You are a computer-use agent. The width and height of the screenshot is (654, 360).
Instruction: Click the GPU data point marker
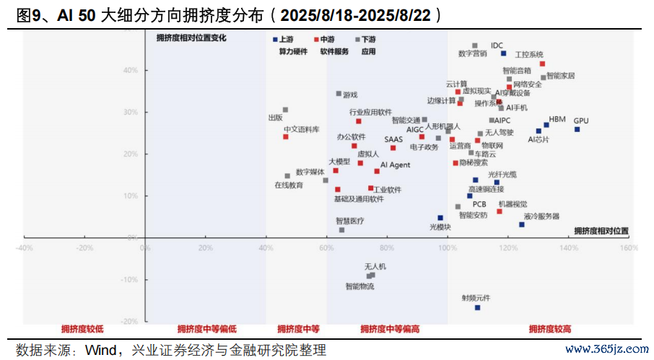pos(577,129)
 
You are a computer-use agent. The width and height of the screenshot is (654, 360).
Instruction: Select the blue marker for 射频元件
pos(477,307)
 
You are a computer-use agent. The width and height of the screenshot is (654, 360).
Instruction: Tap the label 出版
pos(275,118)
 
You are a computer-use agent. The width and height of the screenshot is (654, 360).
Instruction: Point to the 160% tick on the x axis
pos(628,247)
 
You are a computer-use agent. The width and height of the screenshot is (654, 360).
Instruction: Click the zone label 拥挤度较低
pos(82,329)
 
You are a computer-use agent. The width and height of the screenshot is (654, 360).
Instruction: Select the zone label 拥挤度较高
pos(550,329)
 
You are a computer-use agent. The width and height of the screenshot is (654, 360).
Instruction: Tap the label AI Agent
pos(395,165)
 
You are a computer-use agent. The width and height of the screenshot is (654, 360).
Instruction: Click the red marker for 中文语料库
pos(285,136)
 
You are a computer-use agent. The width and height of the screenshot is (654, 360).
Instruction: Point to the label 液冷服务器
pos(541,216)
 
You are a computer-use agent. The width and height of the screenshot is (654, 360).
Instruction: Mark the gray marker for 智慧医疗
pos(341,229)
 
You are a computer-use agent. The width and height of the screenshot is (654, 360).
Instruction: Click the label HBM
pos(557,119)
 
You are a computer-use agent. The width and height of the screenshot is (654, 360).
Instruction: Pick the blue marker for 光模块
pos(440,218)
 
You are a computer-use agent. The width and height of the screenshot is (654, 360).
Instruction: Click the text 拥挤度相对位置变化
pos(191,38)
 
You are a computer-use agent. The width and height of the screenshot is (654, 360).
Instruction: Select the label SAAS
pos(393,139)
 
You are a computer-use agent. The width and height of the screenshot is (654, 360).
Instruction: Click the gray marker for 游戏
pos(339,93)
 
